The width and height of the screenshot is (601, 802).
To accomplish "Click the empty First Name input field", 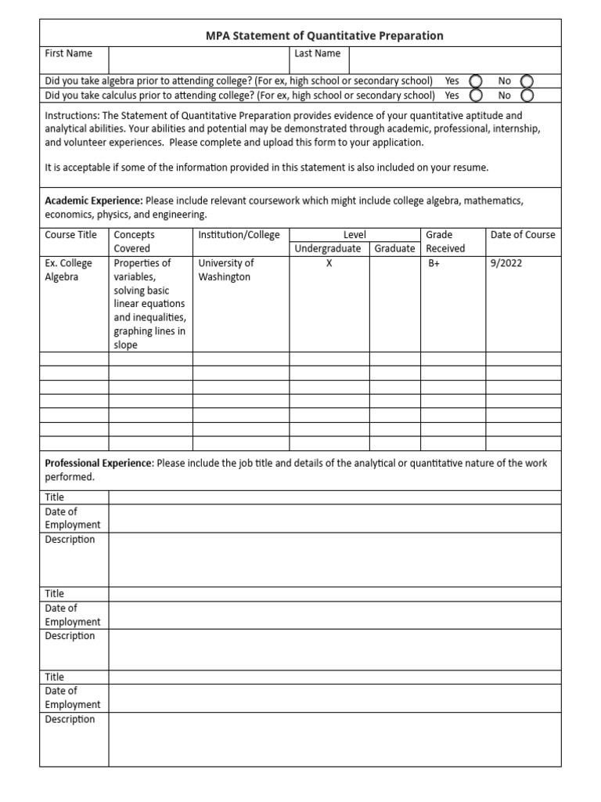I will click(199, 60).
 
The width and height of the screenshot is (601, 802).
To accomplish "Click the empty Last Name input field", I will click(454, 60).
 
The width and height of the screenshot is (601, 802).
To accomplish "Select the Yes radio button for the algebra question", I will click(475, 81).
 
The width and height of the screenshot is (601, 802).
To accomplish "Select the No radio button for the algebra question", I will click(527, 81).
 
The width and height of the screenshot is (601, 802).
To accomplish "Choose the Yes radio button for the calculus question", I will click(475, 95).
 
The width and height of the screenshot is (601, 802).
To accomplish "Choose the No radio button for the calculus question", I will click(527, 95).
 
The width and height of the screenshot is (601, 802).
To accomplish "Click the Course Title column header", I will click(71, 235).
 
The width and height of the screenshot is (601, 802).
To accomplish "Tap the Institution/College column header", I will click(239, 235).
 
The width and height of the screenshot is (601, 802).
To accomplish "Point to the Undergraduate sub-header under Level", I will click(328, 249).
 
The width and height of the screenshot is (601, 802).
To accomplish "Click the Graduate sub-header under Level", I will click(394, 249).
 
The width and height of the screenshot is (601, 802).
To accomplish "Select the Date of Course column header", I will click(522, 235).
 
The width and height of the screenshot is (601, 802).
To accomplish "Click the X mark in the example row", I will click(329, 264).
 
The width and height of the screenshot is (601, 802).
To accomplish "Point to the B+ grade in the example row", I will click(436, 264).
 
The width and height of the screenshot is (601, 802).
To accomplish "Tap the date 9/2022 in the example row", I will click(506, 264).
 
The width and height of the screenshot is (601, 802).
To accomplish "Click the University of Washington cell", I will click(226, 270).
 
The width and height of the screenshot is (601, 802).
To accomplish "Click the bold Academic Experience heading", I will click(94, 201).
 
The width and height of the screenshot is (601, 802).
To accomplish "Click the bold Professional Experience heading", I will click(99, 463).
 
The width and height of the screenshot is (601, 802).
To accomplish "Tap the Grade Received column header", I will click(445, 241).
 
